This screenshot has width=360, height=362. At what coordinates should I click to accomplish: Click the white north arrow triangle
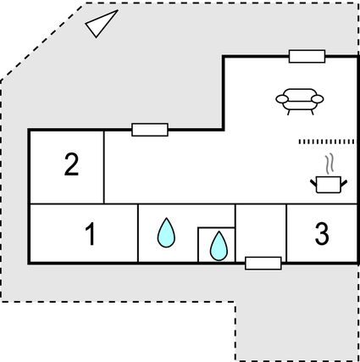pos(101,24)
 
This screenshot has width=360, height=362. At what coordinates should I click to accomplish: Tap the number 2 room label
pos(71,164)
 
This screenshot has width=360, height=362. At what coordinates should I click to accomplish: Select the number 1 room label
pos(91,234)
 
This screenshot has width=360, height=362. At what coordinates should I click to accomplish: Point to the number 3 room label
pos(322,233)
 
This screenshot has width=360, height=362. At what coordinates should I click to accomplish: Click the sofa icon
pos(300,102)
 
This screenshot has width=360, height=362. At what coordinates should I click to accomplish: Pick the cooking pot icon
pos(329,185)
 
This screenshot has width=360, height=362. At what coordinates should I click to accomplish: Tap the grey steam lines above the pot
pos(330,164)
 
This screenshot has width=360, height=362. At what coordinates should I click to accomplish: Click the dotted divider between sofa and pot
pos(326,142)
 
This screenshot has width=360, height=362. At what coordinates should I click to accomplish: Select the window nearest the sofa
pos(307,56)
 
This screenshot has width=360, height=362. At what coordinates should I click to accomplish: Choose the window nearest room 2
pos(150,130)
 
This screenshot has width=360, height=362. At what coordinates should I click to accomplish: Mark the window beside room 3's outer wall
pos(263,264)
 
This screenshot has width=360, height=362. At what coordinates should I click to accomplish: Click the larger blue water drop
pos(166,233)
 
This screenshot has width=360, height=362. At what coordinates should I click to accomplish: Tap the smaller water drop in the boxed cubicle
pos(219,246)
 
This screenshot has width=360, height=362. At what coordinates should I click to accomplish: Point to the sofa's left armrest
pos(282,99)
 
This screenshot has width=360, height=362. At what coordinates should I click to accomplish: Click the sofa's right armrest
pos(318,99)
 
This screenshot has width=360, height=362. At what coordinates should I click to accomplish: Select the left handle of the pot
pos(313,183)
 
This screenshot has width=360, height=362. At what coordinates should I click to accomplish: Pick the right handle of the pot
pos(344,183)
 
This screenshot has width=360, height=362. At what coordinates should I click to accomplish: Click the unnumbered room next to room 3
pos(261,231)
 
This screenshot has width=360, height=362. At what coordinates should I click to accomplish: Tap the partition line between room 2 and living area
pos(104,167)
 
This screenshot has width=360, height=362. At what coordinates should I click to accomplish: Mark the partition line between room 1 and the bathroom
pos(138,233)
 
